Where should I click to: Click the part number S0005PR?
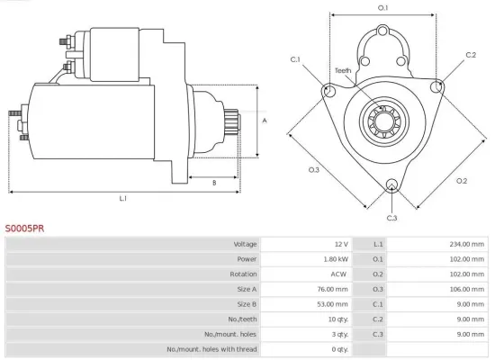(24, 229)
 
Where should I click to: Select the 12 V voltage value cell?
(340, 244)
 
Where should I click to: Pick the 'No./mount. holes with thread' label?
(212, 349)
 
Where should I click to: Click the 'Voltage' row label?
(245, 244)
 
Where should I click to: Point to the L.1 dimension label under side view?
(122, 198)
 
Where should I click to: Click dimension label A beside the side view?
(265, 120)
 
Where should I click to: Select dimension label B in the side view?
(213, 183)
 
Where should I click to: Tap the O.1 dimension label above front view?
(382, 8)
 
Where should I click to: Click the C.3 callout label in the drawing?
(391, 218)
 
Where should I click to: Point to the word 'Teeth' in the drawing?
(344, 70)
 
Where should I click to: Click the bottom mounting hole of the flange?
(391, 186)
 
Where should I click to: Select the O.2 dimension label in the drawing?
(461, 181)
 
